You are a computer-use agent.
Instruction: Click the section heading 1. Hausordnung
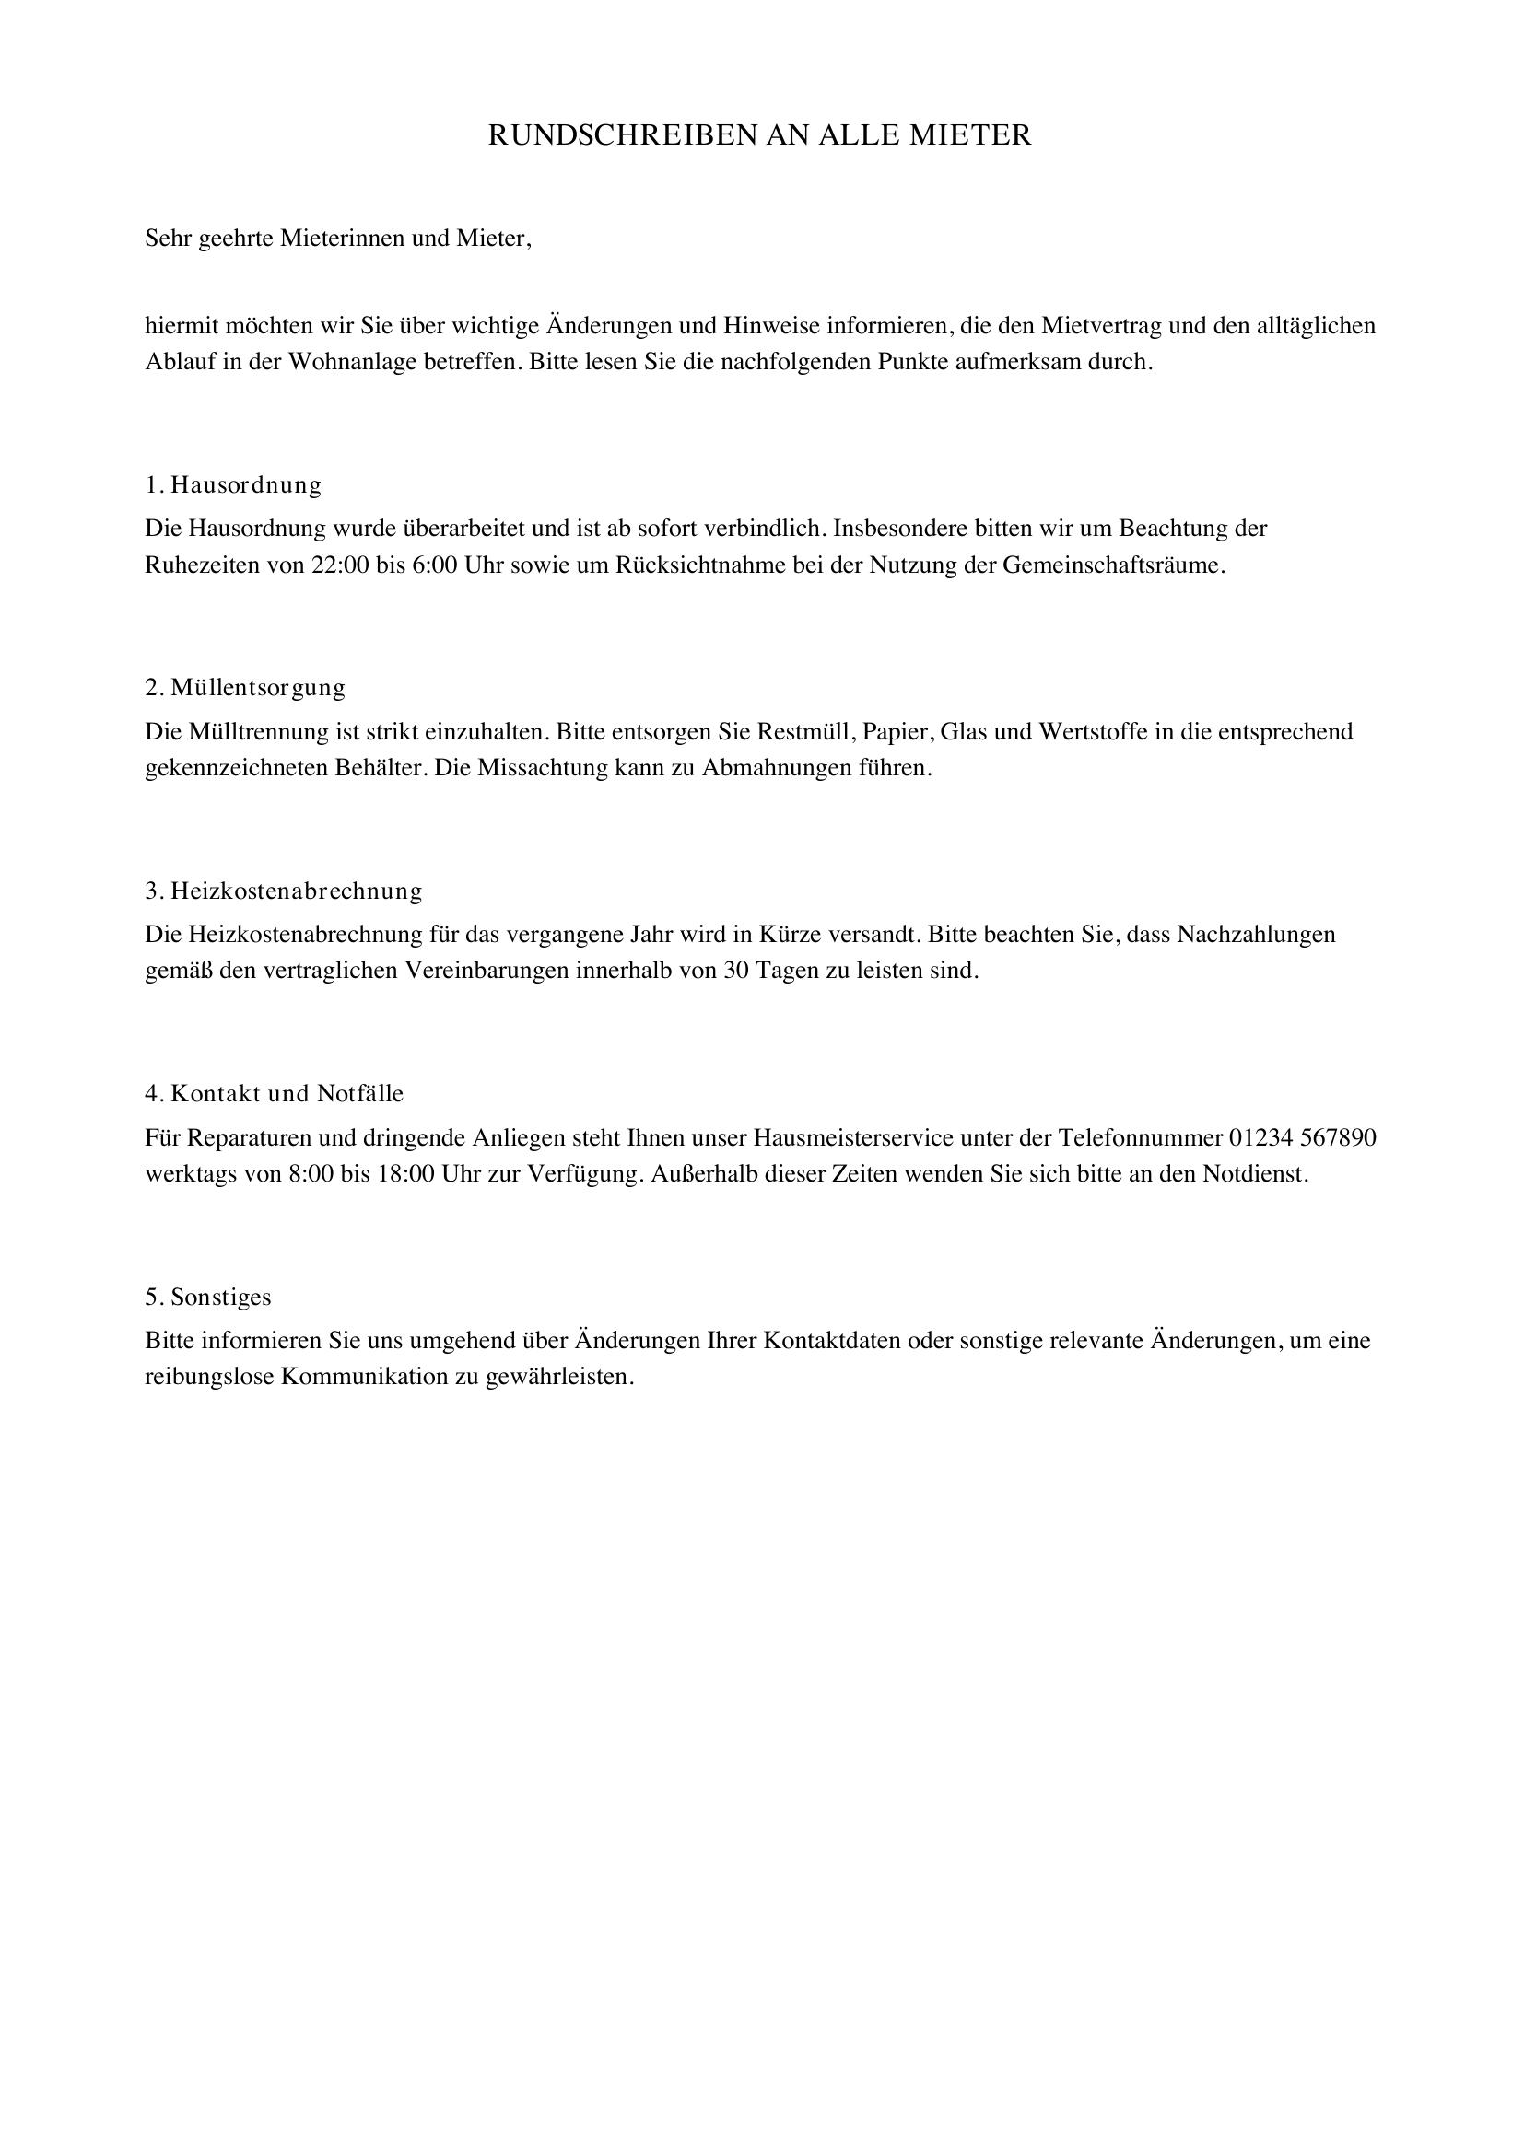pyautogui.click(x=234, y=485)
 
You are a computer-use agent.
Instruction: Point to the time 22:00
pyautogui.click(x=341, y=565)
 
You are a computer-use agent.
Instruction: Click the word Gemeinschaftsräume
pyautogui.click(x=1114, y=565)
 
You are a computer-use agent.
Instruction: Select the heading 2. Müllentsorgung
pyautogui.click(x=245, y=688)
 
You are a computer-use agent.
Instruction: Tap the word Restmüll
pyautogui.click(x=806, y=731)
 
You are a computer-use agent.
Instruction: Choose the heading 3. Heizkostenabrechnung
pyautogui.click(x=284, y=891)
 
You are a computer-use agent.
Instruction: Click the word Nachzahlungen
pyautogui.click(x=1257, y=935)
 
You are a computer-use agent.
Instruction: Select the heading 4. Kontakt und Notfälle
pyautogui.click(x=274, y=1093)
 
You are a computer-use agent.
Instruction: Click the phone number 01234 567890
pyautogui.click(x=1303, y=1138)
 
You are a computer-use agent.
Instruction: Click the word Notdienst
pyautogui.click(x=1256, y=1174)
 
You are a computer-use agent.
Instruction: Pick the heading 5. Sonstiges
pyautogui.click(x=208, y=1297)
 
